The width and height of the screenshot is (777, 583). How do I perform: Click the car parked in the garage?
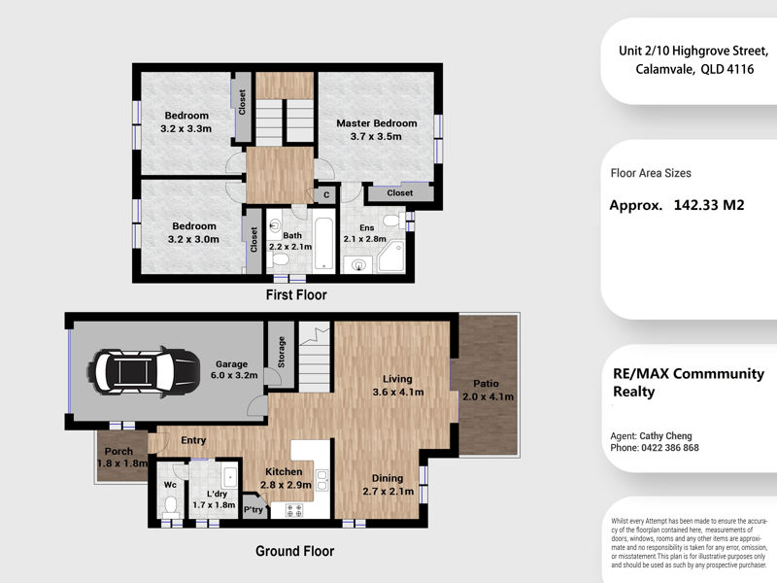pos(144,371)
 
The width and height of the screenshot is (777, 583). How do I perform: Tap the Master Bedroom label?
pos(377,123)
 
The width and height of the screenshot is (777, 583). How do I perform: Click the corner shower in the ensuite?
pos(391,257)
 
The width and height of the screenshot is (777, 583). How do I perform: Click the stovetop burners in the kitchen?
pos(294,510)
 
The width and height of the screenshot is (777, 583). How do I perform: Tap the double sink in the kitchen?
pos(321,480)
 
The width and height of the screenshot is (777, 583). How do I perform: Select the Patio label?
pos(486,383)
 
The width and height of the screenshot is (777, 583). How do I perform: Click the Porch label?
pos(118,452)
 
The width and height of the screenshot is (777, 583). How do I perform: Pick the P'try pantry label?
pos(253,509)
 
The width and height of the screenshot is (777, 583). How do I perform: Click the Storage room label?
pos(282,352)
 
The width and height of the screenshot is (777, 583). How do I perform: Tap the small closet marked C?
pos(326,195)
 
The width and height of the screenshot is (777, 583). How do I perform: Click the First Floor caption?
pos(296,295)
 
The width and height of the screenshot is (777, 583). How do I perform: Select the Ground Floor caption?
pos(295,551)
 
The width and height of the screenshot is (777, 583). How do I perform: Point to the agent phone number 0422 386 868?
pos(670,448)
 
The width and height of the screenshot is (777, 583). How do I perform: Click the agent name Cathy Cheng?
pos(665,435)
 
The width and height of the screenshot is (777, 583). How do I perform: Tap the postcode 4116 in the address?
pos(740,69)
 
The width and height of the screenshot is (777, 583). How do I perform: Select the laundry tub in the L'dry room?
pos(229,476)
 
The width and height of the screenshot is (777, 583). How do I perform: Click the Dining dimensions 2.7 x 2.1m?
pos(388,492)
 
